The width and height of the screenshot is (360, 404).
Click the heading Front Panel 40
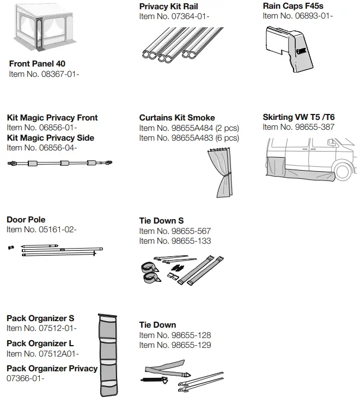click(37, 64)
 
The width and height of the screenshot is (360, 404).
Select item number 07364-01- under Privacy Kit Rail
click(174, 16)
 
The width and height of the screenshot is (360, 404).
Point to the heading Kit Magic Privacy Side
click(50, 138)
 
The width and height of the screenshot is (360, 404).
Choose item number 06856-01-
click(42, 128)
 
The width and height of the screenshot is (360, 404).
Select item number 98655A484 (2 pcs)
click(189, 128)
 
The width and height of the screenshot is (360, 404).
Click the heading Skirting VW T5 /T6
click(298, 117)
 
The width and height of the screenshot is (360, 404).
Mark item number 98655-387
click(298, 128)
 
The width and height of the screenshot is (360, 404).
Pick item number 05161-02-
click(42, 230)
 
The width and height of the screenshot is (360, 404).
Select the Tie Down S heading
click(161, 221)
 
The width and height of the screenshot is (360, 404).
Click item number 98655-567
click(175, 231)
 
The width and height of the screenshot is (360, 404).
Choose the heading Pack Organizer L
click(40, 343)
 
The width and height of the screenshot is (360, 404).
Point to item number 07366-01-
click(26, 378)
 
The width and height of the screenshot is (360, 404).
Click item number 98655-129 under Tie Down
click(175, 345)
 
